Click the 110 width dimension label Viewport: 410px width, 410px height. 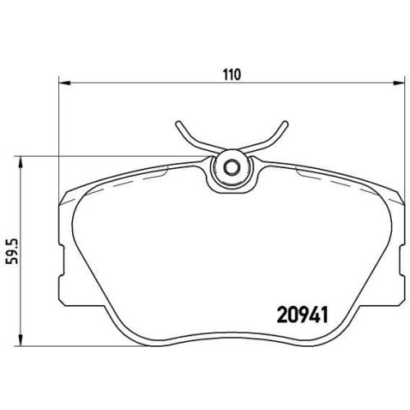pyautogui.click(x=232, y=75)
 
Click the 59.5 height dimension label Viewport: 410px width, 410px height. pyautogui.click(x=12, y=251)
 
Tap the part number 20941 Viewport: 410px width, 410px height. pyautogui.click(x=303, y=315)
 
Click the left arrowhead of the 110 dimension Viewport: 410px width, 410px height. pyautogui.click(x=65, y=82)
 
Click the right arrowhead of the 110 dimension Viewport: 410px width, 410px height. pyautogui.click(x=398, y=82)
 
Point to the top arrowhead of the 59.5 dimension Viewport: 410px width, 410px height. pyautogui.click(x=20, y=162)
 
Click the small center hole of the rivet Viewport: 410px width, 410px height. pyautogui.click(x=232, y=167)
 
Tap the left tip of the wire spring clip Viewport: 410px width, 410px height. pyautogui.click(x=178, y=124)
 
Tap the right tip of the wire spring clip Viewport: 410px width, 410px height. pyautogui.click(x=285, y=124)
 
